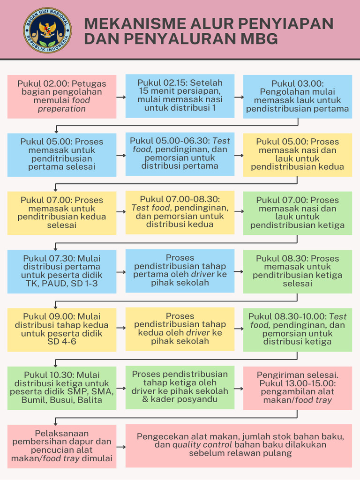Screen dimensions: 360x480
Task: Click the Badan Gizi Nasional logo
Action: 47,30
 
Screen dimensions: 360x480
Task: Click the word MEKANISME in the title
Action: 135,23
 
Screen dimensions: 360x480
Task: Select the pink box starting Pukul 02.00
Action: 62,97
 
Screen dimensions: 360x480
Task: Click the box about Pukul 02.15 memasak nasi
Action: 180,96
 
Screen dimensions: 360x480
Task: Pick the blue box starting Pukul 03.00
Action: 298,97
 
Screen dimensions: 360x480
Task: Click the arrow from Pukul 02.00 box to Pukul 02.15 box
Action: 121,97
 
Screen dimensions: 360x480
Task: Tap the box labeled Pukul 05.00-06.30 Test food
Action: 180,154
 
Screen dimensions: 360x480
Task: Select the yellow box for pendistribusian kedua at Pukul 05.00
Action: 298,155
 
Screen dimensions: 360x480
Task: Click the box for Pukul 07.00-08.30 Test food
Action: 180,212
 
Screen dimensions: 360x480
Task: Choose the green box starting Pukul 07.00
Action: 298,213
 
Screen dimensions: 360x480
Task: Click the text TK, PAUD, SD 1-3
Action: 62,284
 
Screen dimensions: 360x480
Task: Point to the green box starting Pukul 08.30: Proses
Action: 298,271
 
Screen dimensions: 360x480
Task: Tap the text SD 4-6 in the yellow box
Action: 62,341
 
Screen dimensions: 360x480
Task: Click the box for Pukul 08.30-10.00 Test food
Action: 298,330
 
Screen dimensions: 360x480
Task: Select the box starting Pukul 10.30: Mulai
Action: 62,388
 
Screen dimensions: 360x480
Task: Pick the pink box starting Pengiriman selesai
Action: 298,388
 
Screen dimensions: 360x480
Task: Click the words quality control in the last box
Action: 202,445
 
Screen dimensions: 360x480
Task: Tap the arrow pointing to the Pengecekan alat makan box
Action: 121,447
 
